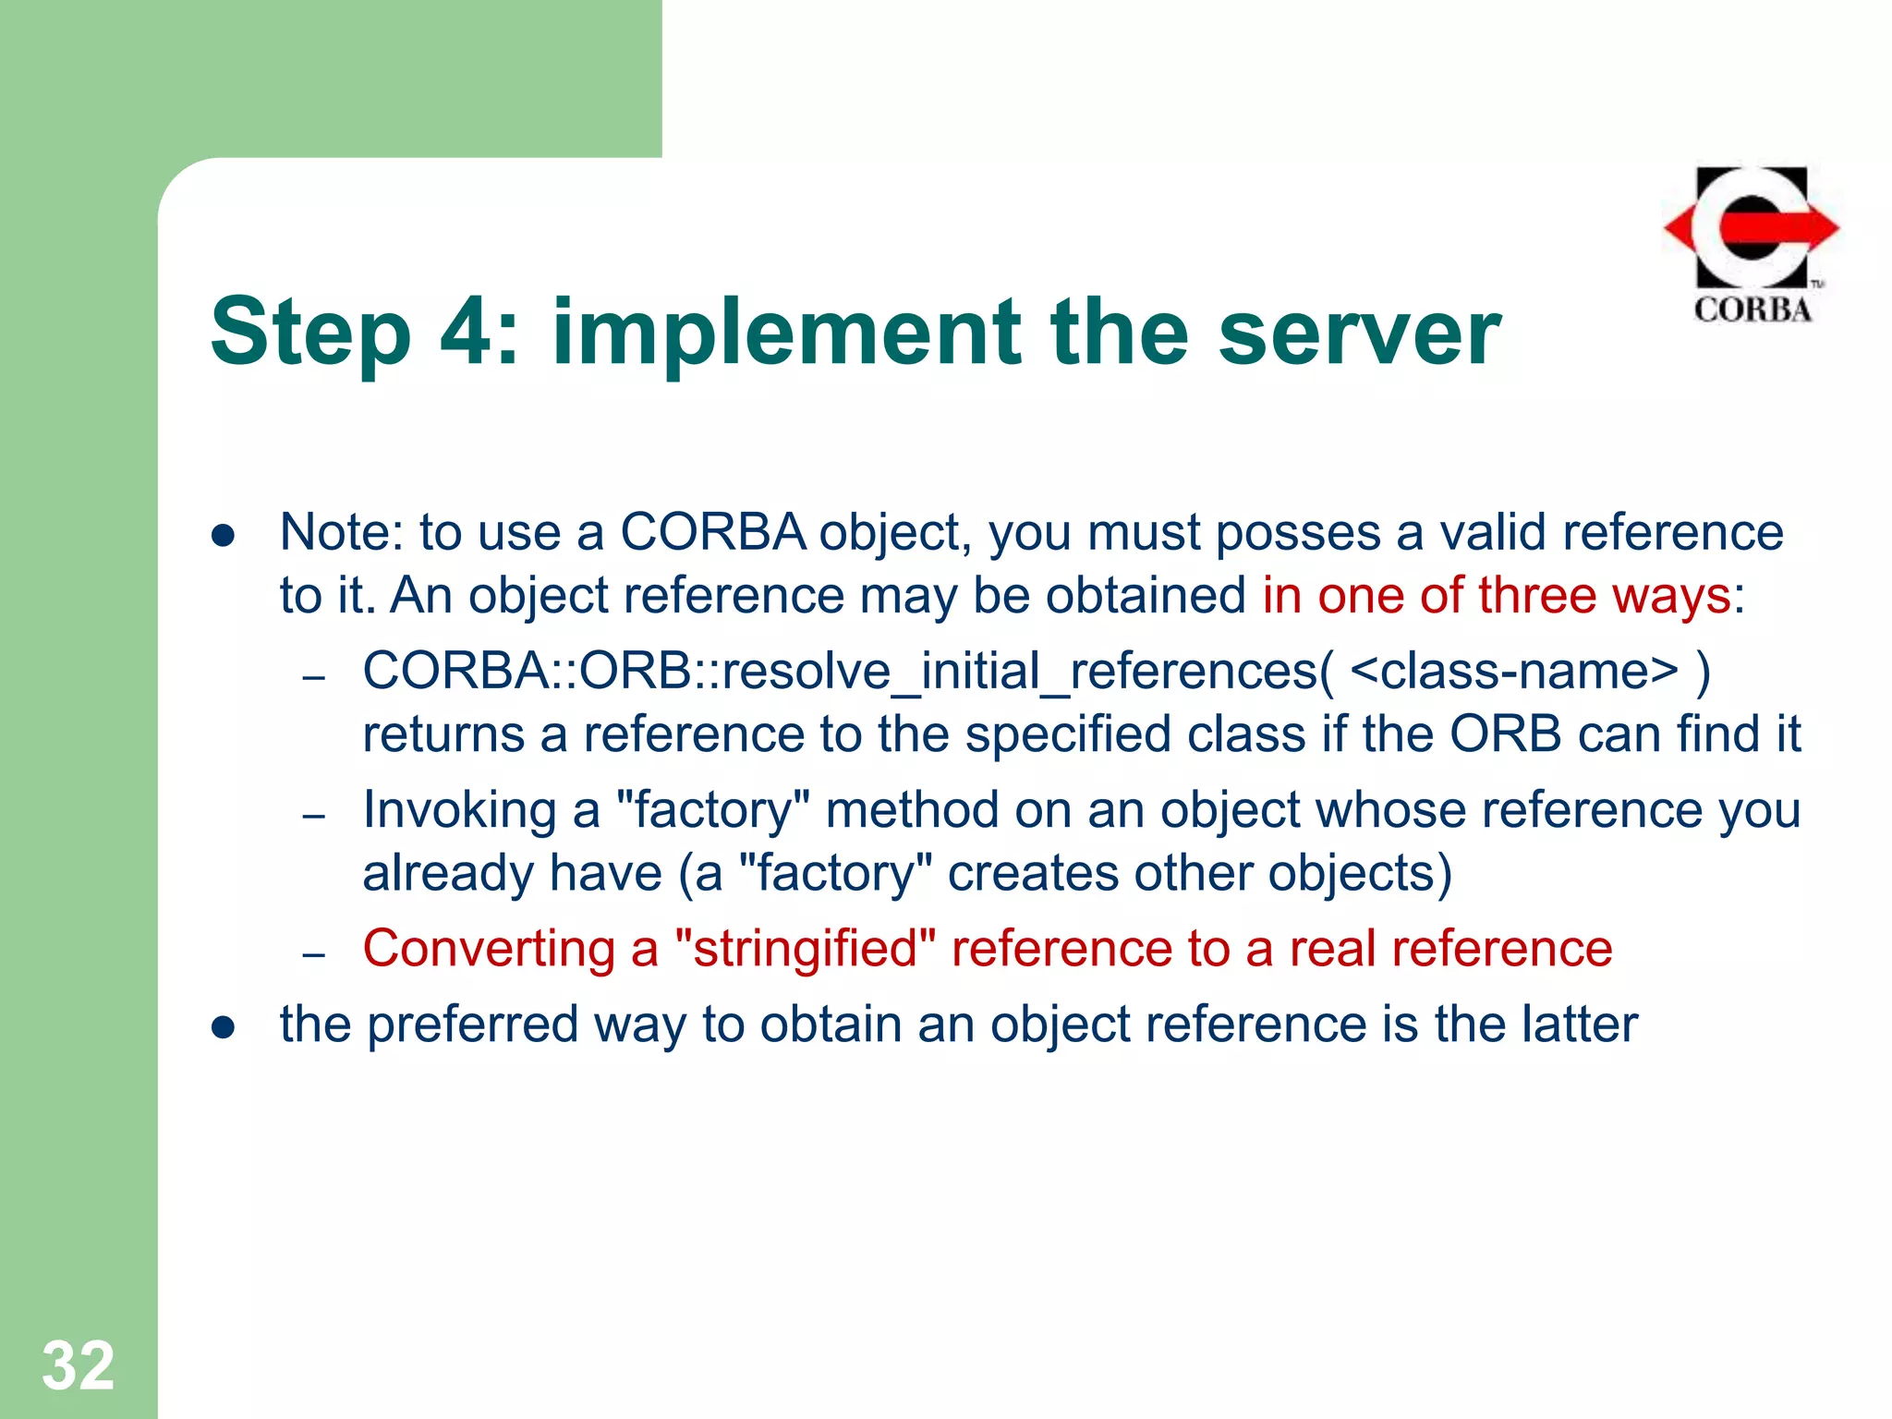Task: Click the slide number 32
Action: click(79, 1365)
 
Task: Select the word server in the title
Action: click(1359, 333)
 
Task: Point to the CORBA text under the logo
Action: click(1753, 309)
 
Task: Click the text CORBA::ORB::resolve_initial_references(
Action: click(847, 672)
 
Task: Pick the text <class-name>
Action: click(1513, 672)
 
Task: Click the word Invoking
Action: click(459, 810)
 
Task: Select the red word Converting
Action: click(489, 949)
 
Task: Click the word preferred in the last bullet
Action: click(472, 1025)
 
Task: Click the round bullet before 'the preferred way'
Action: click(223, 1027)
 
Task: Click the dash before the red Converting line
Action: click(314, 954)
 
